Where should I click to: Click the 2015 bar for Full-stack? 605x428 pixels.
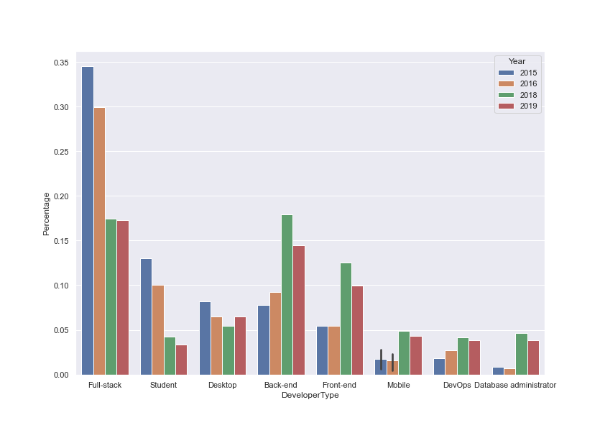point(88,220)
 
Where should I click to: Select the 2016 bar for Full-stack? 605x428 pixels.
point(99,241)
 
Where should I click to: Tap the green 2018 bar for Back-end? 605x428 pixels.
point(287,294)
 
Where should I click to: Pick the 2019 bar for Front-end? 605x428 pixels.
point(357,330)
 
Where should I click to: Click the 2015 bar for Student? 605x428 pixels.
point(146,317)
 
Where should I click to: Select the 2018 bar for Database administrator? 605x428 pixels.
point(522,354)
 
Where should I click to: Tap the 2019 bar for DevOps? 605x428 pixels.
point(474,358)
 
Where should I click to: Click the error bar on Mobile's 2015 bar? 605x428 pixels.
point(381,360)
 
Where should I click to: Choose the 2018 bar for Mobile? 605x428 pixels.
point(404,352)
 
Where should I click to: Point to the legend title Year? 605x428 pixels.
point(517,61)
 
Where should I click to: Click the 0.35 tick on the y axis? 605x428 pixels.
point(60,63)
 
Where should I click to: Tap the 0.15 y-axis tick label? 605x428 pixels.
point(60,241)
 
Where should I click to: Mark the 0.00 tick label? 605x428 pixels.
point(60,375)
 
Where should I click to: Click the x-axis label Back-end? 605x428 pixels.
point(280,386)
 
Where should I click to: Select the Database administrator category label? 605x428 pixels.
point(515,386)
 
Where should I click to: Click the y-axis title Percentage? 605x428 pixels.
point(47,214)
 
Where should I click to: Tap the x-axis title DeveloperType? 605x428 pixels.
point(310,396)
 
